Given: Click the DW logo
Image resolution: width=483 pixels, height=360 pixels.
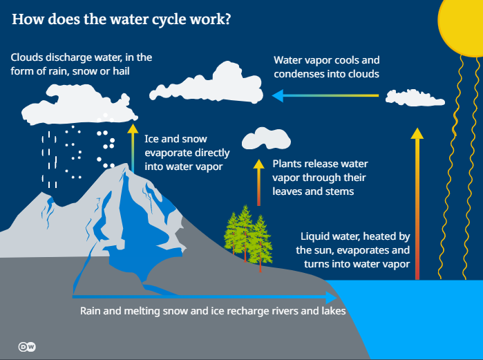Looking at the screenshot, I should [x=27, y=347].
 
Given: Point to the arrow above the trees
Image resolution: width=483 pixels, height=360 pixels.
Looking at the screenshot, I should [x=259, y=182].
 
